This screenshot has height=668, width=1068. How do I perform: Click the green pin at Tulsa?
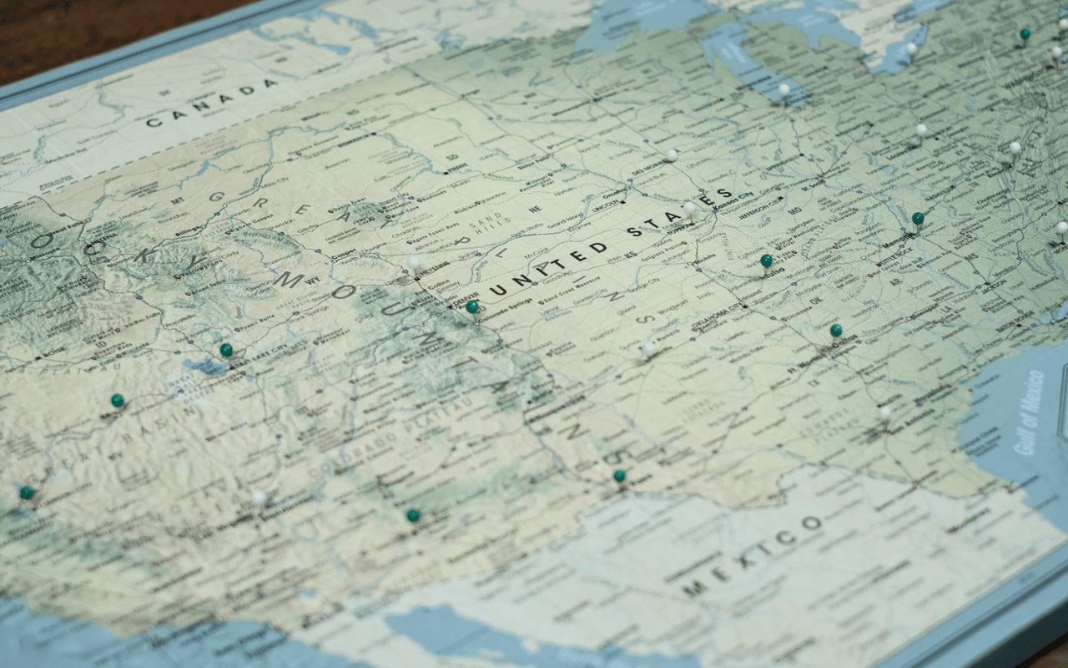click(766, 261)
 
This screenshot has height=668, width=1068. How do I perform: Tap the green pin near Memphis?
click(918, 219)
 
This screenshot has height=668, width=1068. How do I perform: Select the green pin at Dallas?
click(835, 331)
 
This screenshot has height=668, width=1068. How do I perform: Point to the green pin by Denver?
click(472, 306)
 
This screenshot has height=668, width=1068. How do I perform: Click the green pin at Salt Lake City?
click(226, 350)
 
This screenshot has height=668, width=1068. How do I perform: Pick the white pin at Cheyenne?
click(414, 262)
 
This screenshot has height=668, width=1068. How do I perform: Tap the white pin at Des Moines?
click(672, 155)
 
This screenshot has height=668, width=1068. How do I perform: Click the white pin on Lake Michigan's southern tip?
click(783, 89)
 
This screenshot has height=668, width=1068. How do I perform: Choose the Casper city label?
click(342, 256)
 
